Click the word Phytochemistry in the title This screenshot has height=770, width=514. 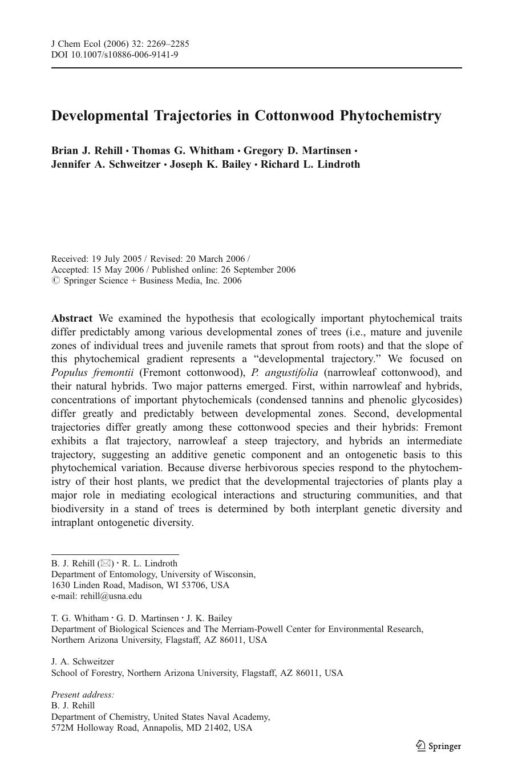coord(391,116)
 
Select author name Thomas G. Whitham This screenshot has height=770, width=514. coord(183,151)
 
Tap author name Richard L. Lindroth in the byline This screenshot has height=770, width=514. coord(310,164)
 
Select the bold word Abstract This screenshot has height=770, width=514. coord(72,318)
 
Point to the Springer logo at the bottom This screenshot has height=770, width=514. coord(438,746)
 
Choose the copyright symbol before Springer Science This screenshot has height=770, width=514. coord(55,281)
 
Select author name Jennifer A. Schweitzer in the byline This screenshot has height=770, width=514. coord(106,164)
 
